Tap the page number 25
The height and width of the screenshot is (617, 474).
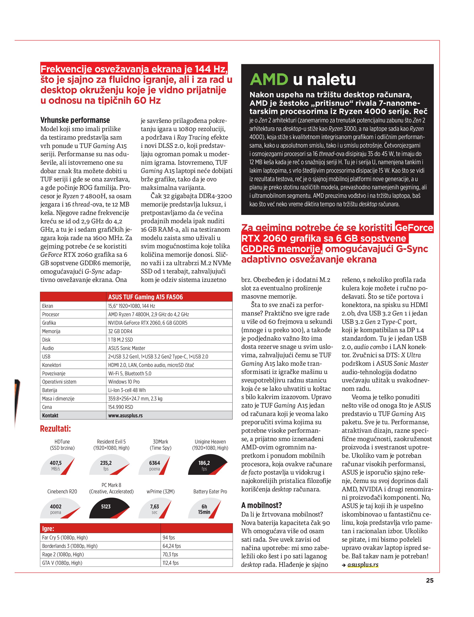tap(429, 580)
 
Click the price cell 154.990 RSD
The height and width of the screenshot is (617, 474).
tap(121, 407)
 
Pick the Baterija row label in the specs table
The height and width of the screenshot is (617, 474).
tap(50, 390)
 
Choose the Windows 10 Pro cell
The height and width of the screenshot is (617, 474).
tap(124, 382)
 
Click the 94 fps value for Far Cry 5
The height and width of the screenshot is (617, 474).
tap(169, 537)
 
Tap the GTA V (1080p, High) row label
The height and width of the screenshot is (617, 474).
tap(62, 563)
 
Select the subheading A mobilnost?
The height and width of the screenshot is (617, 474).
tap(261, 505)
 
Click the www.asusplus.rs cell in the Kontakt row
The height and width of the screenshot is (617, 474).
tap(125, 415)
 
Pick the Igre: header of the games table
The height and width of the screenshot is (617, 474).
tap(48, 529)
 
